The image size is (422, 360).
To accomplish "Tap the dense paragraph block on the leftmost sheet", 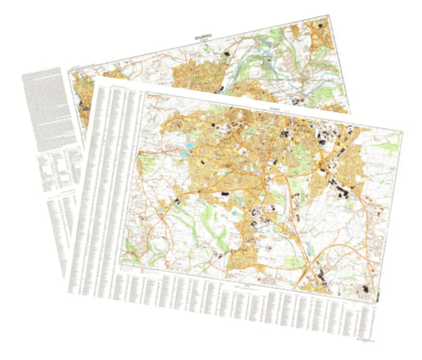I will click(x=44, y=107).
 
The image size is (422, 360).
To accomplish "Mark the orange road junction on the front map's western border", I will click(x=139, y=210).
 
